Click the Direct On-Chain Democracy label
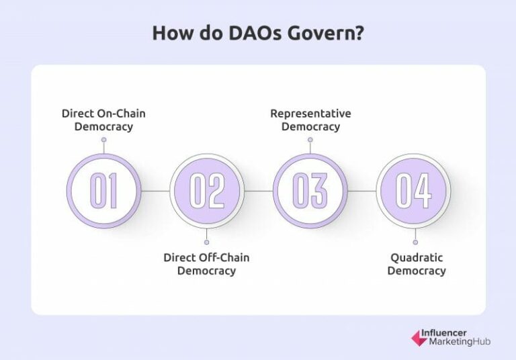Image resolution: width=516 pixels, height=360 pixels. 103,120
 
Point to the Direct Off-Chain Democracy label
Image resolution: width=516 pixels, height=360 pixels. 206,264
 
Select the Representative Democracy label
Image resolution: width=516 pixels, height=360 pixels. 310,120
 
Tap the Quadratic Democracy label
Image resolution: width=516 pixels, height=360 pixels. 417,264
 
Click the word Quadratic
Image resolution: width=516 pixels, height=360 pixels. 417,258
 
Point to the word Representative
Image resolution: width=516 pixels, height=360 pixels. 310,114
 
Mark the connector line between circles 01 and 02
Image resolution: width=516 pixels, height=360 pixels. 155,191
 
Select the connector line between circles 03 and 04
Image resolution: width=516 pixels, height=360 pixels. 361,191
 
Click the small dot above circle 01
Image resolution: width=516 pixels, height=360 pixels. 103,140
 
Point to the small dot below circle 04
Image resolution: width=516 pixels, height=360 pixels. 415,242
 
